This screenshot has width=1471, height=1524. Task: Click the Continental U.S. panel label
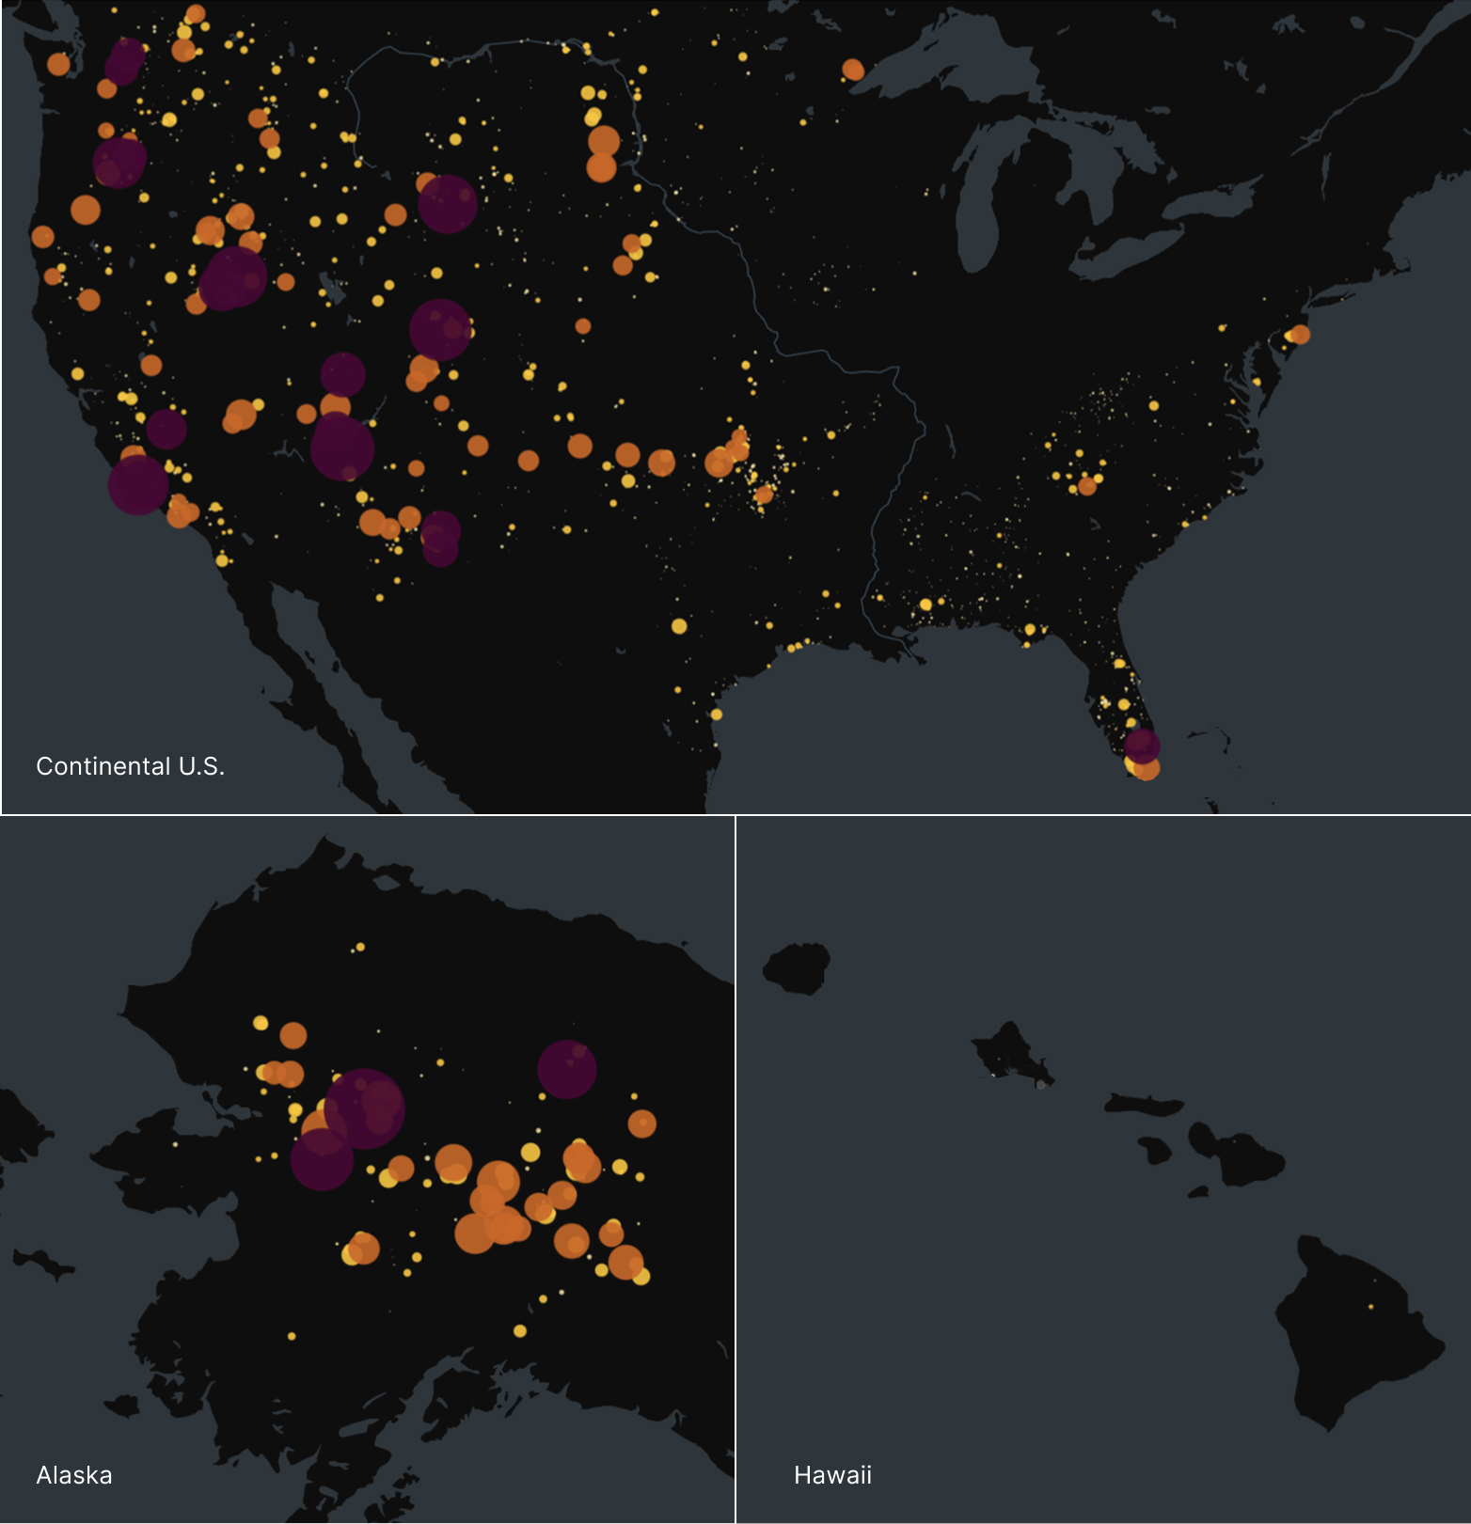[130, 766]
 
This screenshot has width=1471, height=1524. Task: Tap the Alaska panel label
[74, 1475]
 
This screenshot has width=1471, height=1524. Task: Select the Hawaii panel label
[832, 1475]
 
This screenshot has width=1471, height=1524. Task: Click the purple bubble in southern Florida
[1142, 746]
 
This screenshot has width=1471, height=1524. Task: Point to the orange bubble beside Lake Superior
[853, 70]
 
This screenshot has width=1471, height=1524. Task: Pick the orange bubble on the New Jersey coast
[1300, 334]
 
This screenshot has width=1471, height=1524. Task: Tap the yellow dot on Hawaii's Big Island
[1370, 1307]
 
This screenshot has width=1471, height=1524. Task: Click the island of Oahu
[1011, 1055]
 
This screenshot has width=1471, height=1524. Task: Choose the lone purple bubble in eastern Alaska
[567, 1069]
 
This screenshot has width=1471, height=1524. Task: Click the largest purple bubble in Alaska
[365, 1108]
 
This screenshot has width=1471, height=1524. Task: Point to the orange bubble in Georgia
[1087, 486]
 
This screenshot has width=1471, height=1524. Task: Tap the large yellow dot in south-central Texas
[679, 626]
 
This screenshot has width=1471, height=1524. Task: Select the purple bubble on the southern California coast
[138, 485]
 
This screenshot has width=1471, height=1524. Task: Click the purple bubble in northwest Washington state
[125, 59]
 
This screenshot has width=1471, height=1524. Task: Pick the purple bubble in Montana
[448, 204]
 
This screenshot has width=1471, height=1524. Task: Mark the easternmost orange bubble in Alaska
[642, 1123]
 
